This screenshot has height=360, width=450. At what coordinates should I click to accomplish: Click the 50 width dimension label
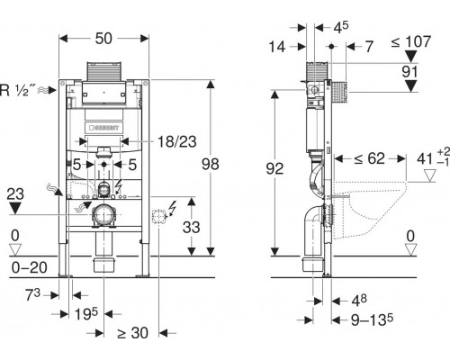(x=103, y=39)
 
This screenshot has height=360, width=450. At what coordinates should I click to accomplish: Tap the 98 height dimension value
(x=211, y=165)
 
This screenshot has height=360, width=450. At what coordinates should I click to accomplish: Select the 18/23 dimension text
(x=177, y=141)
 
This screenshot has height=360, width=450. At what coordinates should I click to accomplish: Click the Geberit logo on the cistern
(x=104, y=128)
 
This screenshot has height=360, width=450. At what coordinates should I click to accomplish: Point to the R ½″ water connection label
(x=18, y=90)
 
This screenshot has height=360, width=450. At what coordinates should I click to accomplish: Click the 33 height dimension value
(x=192, y=227)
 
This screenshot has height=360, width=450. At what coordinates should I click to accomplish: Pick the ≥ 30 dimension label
(x=133, y=333)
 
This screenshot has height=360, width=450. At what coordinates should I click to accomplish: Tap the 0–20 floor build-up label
(x=29, y=267)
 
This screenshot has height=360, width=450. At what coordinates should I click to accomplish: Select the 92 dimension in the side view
(x=274, y=168)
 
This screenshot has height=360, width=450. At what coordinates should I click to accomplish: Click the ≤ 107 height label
(x=411, y=41)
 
